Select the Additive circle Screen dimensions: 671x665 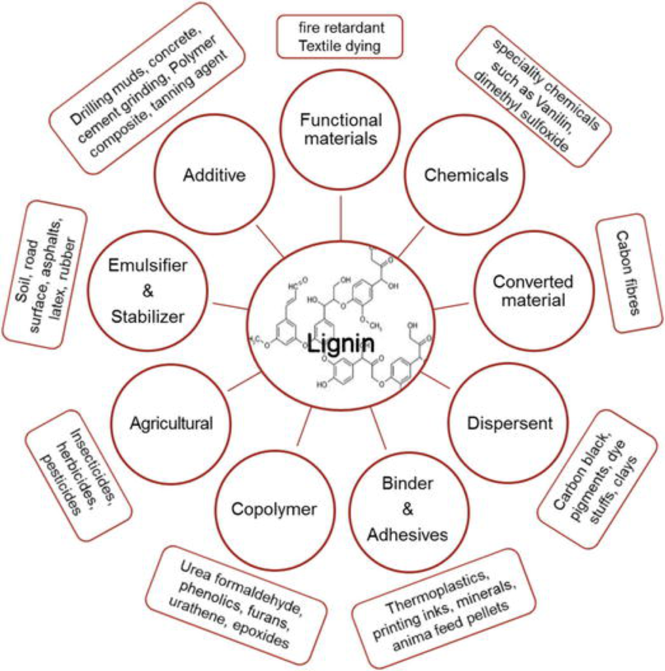(x=208, y=176)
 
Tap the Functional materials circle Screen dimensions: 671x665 (x=339, y=129)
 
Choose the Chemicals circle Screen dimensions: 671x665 (x=466, y=175)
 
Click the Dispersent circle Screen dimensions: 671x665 (x=510, y=423)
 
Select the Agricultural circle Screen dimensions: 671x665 (x=171, y=423)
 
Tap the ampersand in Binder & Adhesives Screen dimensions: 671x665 (x=408, y=509)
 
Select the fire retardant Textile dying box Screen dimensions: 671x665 (x=339, y=37)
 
